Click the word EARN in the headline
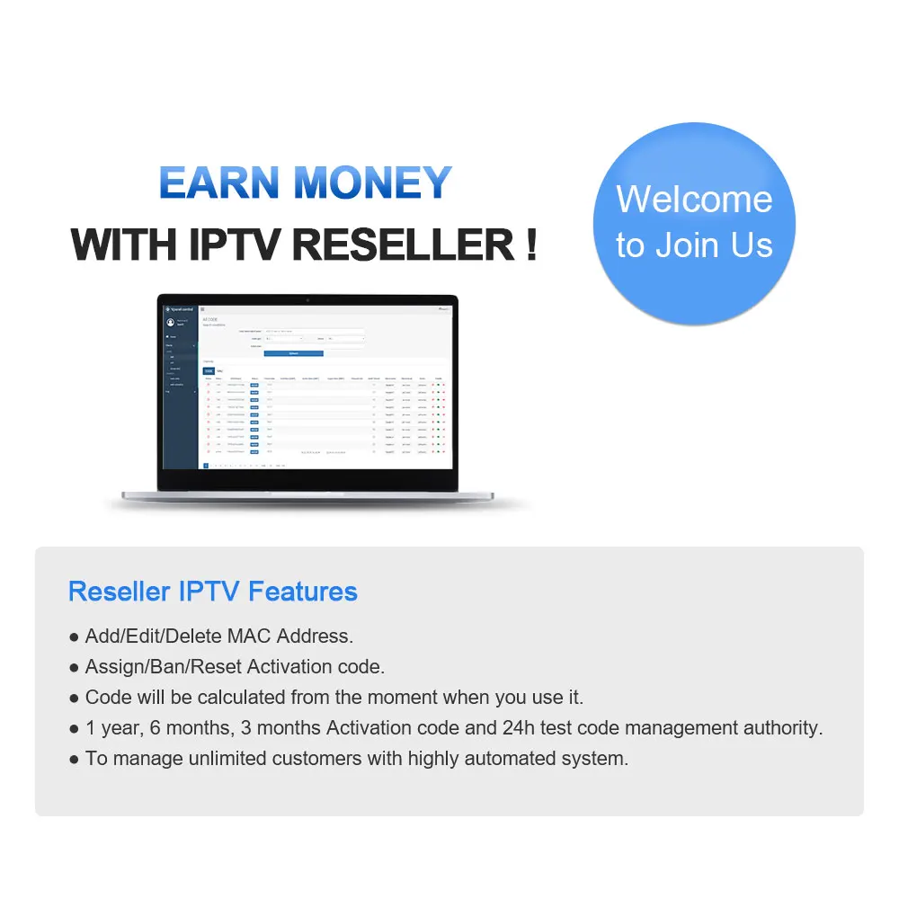tap(220, 182)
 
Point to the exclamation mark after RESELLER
tap(530, 244)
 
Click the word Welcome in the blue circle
tap(694, 199)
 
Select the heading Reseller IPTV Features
tap(213, 592)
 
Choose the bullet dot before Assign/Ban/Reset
tap(75, 668)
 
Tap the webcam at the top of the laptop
tap(307, 298)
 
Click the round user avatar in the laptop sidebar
tap(171, 323)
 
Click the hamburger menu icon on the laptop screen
tap(202, 309)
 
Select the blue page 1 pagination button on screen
tap(206, 466)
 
